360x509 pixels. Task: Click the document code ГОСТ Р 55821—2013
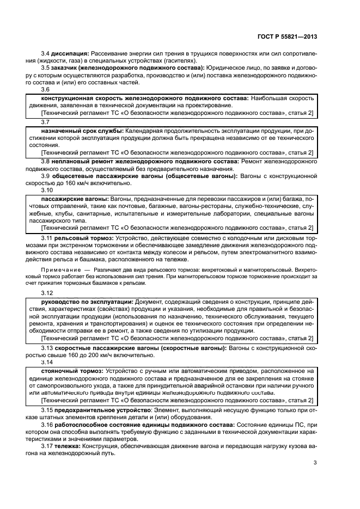point(286,36)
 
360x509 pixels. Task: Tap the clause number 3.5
point(46,68)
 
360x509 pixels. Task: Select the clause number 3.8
point(46,162)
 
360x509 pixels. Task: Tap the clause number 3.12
point(47,293)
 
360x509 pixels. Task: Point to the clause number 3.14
point(47,362)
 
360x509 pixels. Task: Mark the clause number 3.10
point(47,191)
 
